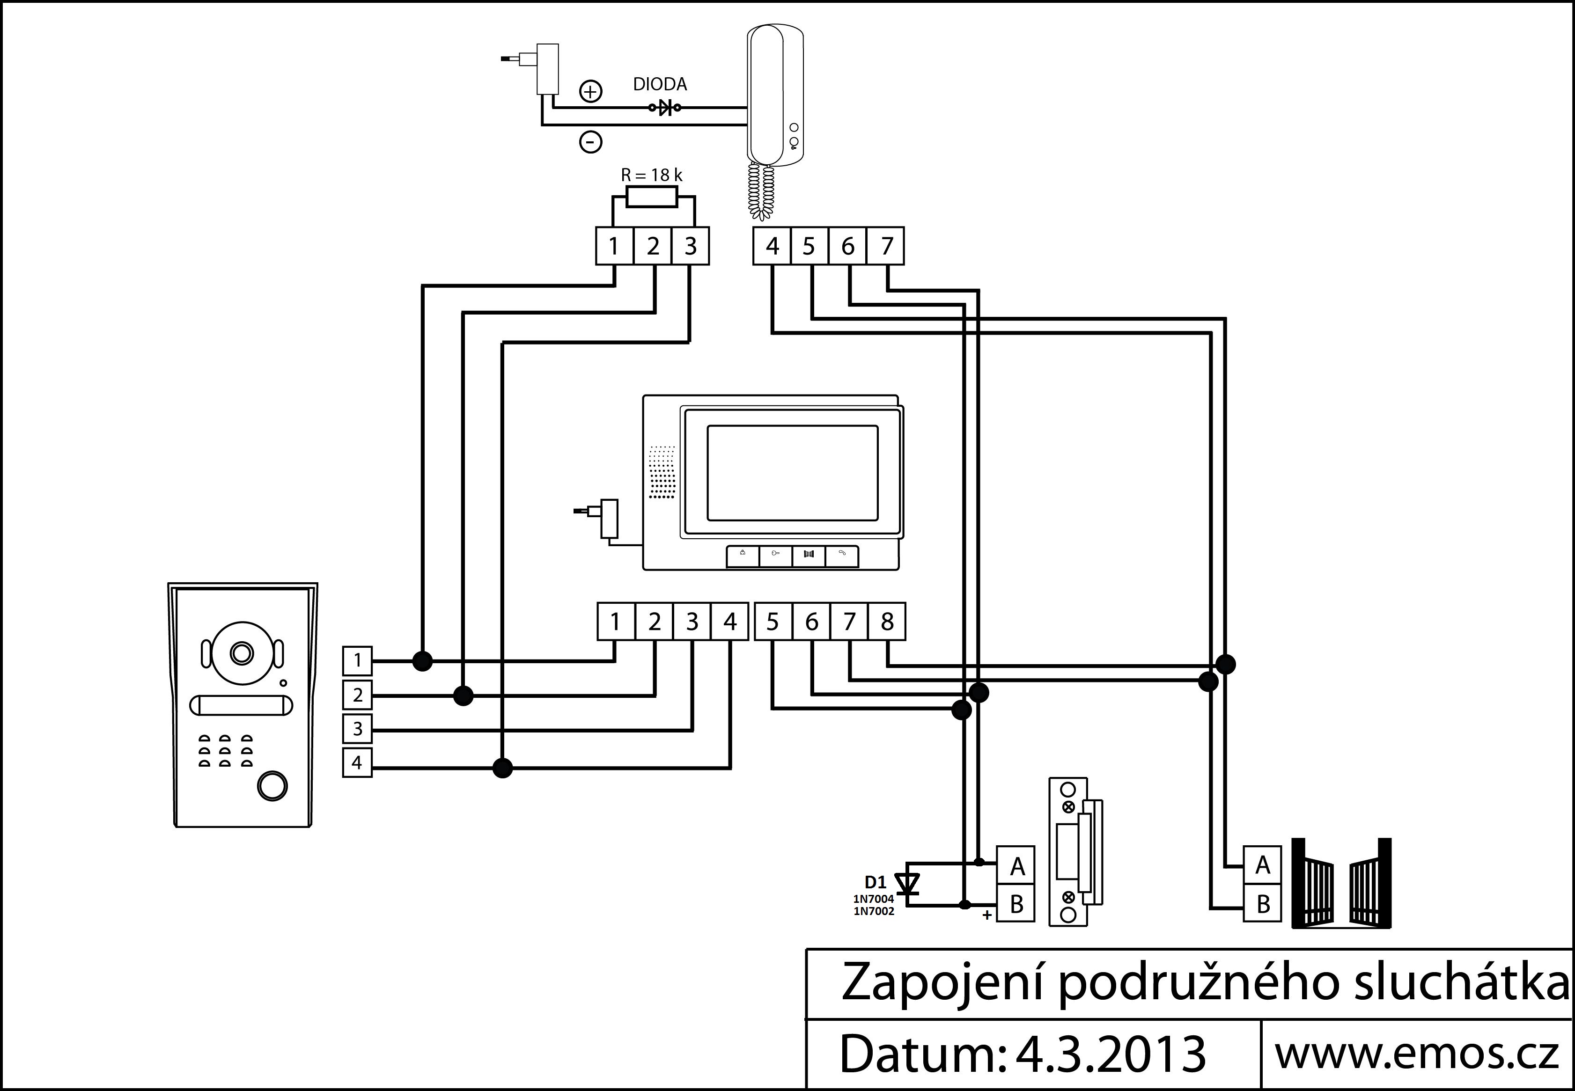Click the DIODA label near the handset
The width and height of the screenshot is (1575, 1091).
point(660,84)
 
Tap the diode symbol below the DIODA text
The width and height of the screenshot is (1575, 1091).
point(664,107)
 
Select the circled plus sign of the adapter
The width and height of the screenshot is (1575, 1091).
point(591,91)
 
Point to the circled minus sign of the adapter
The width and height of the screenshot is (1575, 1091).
point(591,142)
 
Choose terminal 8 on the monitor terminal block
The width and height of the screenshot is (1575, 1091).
point(887,622)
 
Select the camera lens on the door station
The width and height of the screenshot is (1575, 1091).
point(241,653)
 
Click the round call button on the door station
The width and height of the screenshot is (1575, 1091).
point(272,786)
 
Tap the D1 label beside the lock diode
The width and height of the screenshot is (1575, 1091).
point(875,883)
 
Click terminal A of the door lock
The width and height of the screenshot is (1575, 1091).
point(1016,866)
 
